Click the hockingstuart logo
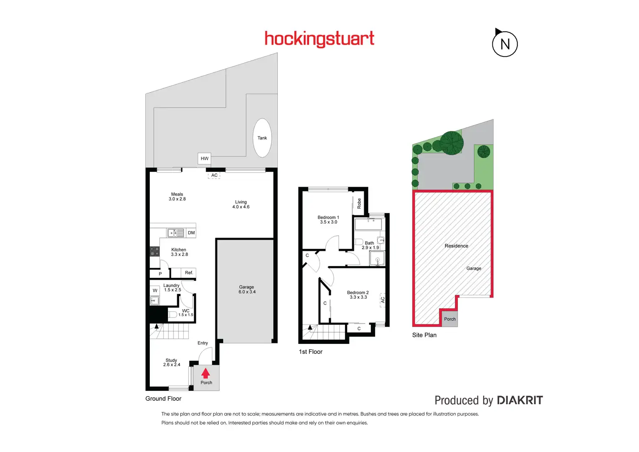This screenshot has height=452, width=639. coord(319,39)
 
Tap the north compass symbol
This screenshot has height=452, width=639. coord(505,44)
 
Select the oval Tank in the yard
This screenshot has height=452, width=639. coord(262,138)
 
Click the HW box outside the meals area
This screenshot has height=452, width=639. coord(204,158)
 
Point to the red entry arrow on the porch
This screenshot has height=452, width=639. coord(206,373)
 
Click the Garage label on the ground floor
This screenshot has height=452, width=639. coord(247,290)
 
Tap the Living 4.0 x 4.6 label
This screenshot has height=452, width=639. coord(241,205)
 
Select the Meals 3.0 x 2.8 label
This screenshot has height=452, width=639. coord(177,197)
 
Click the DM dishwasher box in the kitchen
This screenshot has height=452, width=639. coord(191,233)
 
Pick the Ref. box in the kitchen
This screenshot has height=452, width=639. coord(189,273)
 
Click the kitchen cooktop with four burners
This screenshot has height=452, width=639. coord(155,251)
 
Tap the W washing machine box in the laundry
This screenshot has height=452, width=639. coord(155,290)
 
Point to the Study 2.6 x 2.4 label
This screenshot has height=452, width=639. coord(171,363)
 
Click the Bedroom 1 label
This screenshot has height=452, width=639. coord(328,220)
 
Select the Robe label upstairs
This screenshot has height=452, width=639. coord(359,203)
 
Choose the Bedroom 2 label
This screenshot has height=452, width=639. coord(358,295)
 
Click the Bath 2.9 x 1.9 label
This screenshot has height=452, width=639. coord(370,245)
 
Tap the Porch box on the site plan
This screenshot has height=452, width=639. coord(450,319)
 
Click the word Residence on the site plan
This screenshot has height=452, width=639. coord(456,246)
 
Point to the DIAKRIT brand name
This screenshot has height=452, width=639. coord(520,400)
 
